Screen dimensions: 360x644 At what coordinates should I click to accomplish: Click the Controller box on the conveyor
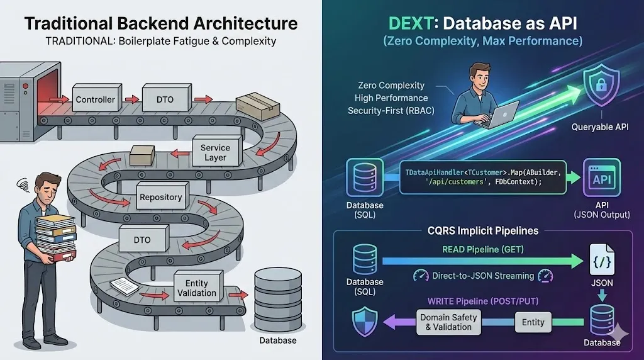[95, 99]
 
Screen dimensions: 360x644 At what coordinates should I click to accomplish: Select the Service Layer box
[215, 152]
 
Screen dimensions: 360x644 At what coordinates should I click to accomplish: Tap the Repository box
[160, 197]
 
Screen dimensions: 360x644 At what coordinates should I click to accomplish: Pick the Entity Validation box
[196, 288]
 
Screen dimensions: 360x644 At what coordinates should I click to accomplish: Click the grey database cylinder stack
[277, 300]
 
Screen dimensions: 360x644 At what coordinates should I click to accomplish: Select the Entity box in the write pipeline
[533, 322]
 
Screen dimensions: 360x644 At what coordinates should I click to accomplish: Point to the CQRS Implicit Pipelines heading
[482, 230]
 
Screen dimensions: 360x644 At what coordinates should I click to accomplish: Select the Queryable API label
[600, 127]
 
